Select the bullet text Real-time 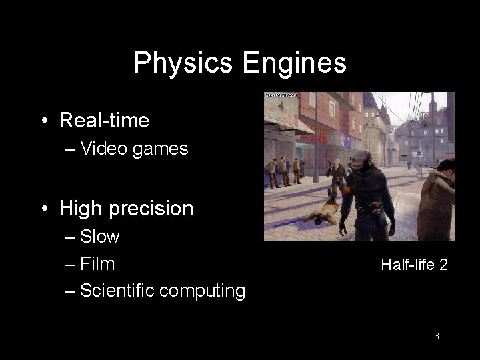pos(104,121)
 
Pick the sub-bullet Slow pos(99,237)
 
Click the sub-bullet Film pos(97,264)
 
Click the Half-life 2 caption pos(414,265)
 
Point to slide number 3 pos(436,336)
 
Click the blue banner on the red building pos(346,140)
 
